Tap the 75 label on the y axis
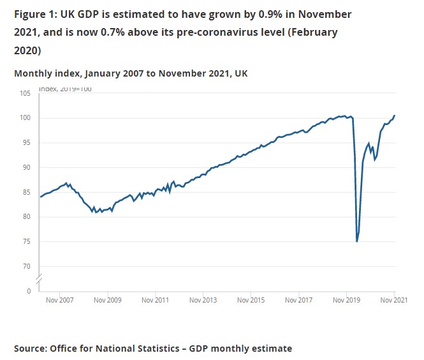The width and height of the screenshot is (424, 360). [26, 242]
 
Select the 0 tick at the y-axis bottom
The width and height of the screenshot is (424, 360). [28, 291]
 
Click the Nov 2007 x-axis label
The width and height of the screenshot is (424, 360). [60, 299]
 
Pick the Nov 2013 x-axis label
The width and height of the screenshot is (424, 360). [203, 299]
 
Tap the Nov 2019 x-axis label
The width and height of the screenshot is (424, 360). [346, 299]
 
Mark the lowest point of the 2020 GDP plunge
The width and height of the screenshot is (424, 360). [357, 241]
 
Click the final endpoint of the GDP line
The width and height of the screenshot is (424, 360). [395, 116]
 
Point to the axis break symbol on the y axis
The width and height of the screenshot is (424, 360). [38, 278]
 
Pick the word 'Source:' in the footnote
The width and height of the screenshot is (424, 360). [32, 349]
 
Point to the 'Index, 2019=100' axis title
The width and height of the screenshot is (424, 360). [65, 89]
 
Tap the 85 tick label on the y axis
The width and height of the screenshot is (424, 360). [26, 192]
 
